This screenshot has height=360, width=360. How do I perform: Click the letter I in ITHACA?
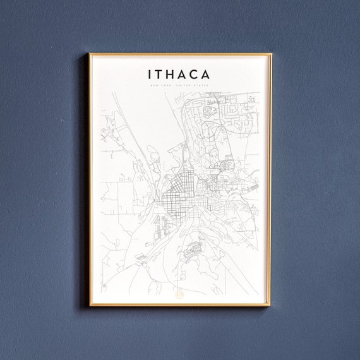150,75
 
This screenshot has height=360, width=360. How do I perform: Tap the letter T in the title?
160,75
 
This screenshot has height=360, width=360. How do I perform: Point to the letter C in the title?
195,75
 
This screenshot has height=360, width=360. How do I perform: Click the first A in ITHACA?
184,75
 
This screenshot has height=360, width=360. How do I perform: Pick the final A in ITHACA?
207,75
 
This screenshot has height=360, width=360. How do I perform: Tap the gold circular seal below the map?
179,293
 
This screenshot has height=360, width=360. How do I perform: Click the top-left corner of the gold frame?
90,54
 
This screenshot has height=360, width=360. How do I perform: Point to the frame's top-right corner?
271,54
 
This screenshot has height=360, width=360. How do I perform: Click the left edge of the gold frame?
90,180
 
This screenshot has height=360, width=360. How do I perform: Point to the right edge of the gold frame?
271,180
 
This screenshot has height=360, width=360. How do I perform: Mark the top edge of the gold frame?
180,54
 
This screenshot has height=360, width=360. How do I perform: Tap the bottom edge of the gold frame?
180,306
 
